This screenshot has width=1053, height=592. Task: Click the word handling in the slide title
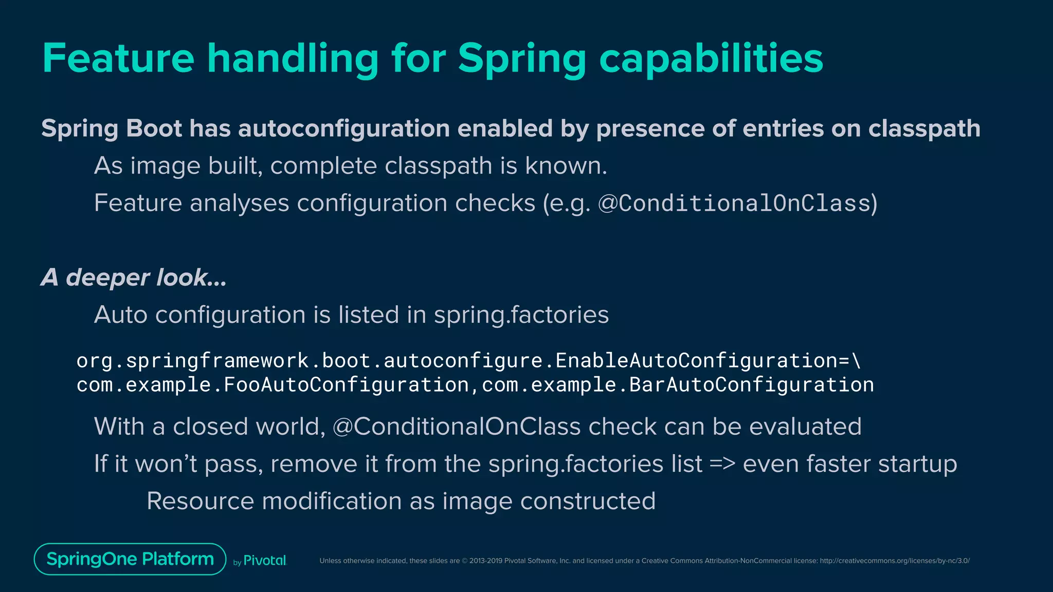point(293,58)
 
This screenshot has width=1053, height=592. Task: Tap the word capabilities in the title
point(711,58)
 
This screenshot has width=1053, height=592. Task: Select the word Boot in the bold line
point(154,128)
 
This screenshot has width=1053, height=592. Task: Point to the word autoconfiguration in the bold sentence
point(344,128)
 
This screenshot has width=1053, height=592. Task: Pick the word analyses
point(240,203)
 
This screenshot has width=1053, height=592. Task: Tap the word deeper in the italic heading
point(107,278)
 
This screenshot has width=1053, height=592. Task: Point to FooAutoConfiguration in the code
point(346,385)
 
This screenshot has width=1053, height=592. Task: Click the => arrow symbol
point(722,464)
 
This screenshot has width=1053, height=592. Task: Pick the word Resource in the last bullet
point(200,501)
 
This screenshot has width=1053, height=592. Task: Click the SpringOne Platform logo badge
point(130,559)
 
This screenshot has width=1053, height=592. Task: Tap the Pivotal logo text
point(264,561)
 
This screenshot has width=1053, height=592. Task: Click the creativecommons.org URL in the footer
point(895,561)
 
